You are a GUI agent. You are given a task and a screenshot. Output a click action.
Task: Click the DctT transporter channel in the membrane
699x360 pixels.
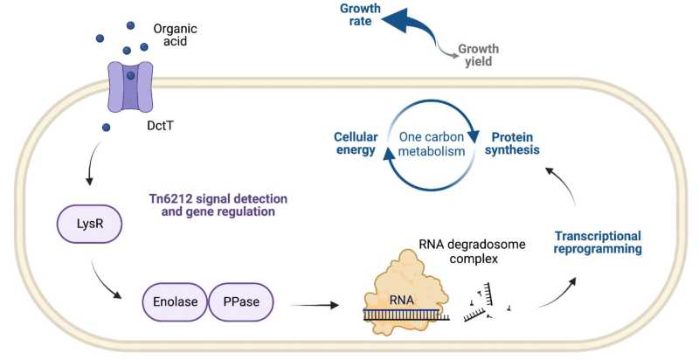[x=130, y=87]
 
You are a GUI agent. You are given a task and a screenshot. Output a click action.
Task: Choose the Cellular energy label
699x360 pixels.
[x=355, y=143]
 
